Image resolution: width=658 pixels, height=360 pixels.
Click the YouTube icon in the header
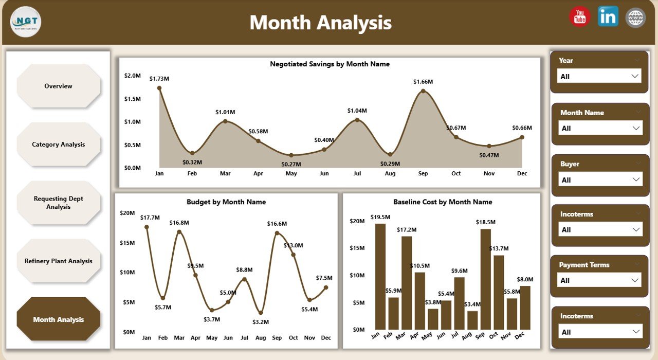pyautogui.click(x=580, y=17)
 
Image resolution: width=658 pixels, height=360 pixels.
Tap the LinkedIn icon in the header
pyautogui.click(x=608, y=17)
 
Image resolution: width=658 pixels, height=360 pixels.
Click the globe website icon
pyautogui.click(x=635, y=17)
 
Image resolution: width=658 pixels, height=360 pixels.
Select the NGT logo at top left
pyautogui.click(x=26, y=22)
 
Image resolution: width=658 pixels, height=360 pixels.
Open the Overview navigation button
pyautogui.click(x=58, y=86)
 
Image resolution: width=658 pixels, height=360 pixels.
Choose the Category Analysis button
pyautogui.click(x=58, y=145)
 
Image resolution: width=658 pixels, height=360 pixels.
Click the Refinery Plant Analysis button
pyautogui.click(x=58, y=261)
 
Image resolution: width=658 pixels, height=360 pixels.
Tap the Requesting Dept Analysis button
pyautogui.click(x=58, y=203)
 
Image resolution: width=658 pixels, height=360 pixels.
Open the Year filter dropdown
pyautogui.click(x=599, y=76)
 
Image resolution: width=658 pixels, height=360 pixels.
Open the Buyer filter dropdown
pyautogui.click(x=600, y=179)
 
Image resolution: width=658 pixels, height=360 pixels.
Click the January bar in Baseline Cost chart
pyautogui.click(x=380, y=277)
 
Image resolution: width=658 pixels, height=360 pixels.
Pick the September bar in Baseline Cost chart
pyautogui.click(x=485, y=279)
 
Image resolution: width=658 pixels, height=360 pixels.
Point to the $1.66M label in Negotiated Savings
pyautogui.click(x=423, y=82)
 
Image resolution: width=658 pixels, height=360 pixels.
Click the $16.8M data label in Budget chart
pyautogui.click(x=179, y=223)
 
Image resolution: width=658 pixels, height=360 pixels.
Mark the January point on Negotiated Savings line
pyautogui.click(x=159, y=88)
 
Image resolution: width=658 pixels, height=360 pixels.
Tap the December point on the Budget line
pyautogui.click(x=326, y=287)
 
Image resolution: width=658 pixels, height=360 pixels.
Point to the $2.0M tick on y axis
pyautogui.click(x=132, y=76)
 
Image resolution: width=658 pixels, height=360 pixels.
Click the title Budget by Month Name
pyautogui.click(x=226, y=202)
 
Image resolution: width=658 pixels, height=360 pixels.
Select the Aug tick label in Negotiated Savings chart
pyautogui.click(x=390, y=174)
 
